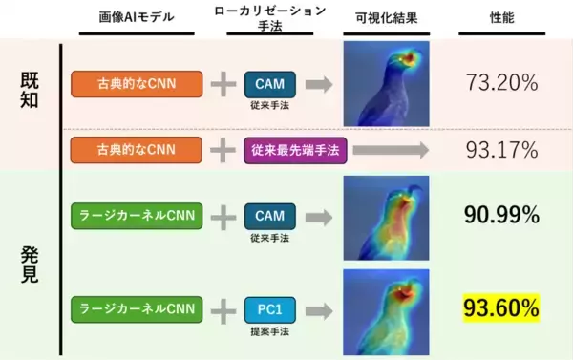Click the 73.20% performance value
500,83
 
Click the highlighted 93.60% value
501,307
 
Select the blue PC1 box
269,307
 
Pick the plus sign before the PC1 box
223,308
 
